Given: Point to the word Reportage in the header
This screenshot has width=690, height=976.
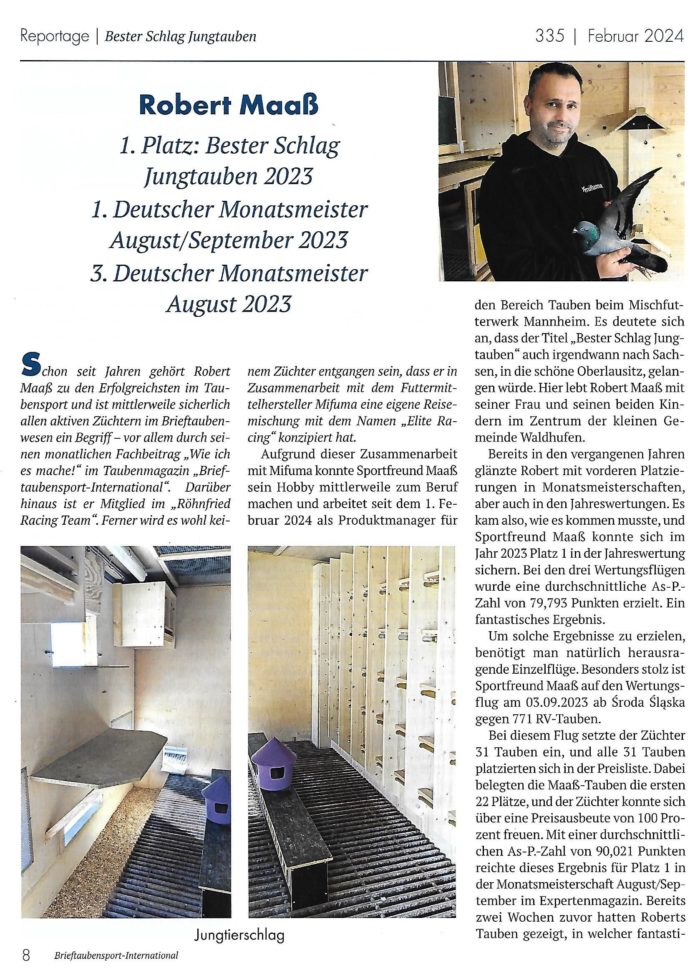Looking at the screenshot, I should [54, 37].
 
